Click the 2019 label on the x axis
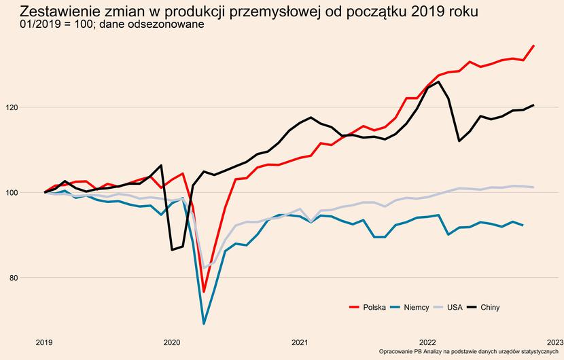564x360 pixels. (44, 342)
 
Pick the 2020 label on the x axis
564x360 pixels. (172, 342)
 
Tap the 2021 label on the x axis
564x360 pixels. (300, 342)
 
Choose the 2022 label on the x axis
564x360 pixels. (427, 342)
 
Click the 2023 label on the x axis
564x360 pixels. (554, 342)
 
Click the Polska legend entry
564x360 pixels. (367, 308)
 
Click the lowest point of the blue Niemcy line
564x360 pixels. (204, 323)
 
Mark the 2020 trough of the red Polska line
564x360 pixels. (204, 291)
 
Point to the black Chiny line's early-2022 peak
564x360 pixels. (438, 82)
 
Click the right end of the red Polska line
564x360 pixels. (533, 46)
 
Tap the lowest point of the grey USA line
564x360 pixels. (204, 268)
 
